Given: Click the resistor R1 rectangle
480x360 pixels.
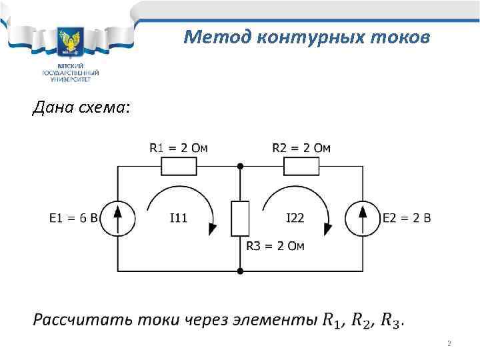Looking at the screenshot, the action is coord(178,166).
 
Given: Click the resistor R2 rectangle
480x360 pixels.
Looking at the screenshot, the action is coord(301,166).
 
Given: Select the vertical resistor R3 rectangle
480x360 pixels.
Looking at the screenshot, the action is coord(240,218).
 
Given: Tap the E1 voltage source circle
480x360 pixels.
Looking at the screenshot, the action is coord(117,218).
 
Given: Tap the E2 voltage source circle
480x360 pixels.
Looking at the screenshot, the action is coord(363,218).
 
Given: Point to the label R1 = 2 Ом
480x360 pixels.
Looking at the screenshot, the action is coord(178,147).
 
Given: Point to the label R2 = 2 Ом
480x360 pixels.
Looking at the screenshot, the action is coord(301,147).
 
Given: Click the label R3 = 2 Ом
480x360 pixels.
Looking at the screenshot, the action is coord(275,246).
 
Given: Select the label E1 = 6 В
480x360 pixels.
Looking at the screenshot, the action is coord(74,218).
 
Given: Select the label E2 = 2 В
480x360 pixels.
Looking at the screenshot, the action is coord(407,218).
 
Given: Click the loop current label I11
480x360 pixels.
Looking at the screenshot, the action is coord(178,218).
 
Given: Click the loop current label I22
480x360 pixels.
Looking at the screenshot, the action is coord(295,218).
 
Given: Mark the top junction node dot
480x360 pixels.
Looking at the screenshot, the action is coord(240,166).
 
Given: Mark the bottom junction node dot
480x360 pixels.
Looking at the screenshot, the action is coord(240,271).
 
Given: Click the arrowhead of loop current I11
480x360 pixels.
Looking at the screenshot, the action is coord(212,229).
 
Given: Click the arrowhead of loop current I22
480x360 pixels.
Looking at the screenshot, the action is coord(327,229).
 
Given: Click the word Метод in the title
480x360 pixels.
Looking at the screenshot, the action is coord(211,37).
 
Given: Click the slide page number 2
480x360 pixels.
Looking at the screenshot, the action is coord(449,344).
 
